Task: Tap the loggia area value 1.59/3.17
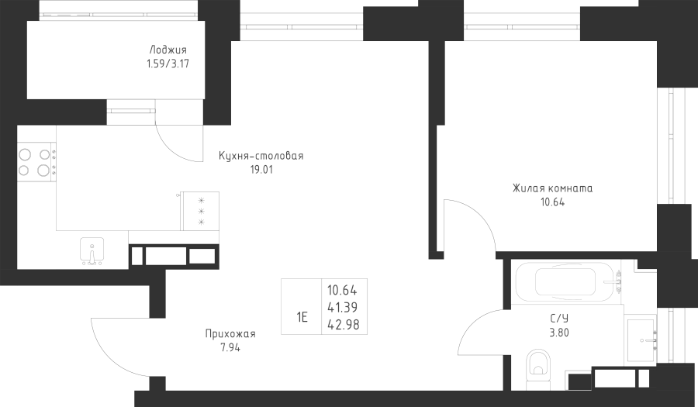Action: point(168,65)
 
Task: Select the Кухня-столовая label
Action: point(261,156)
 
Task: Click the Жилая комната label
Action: point(552,188)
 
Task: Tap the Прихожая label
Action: point(230,334)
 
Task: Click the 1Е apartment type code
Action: point(302,316)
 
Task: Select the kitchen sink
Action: point(92,251)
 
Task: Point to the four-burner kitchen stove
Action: point(36,161)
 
